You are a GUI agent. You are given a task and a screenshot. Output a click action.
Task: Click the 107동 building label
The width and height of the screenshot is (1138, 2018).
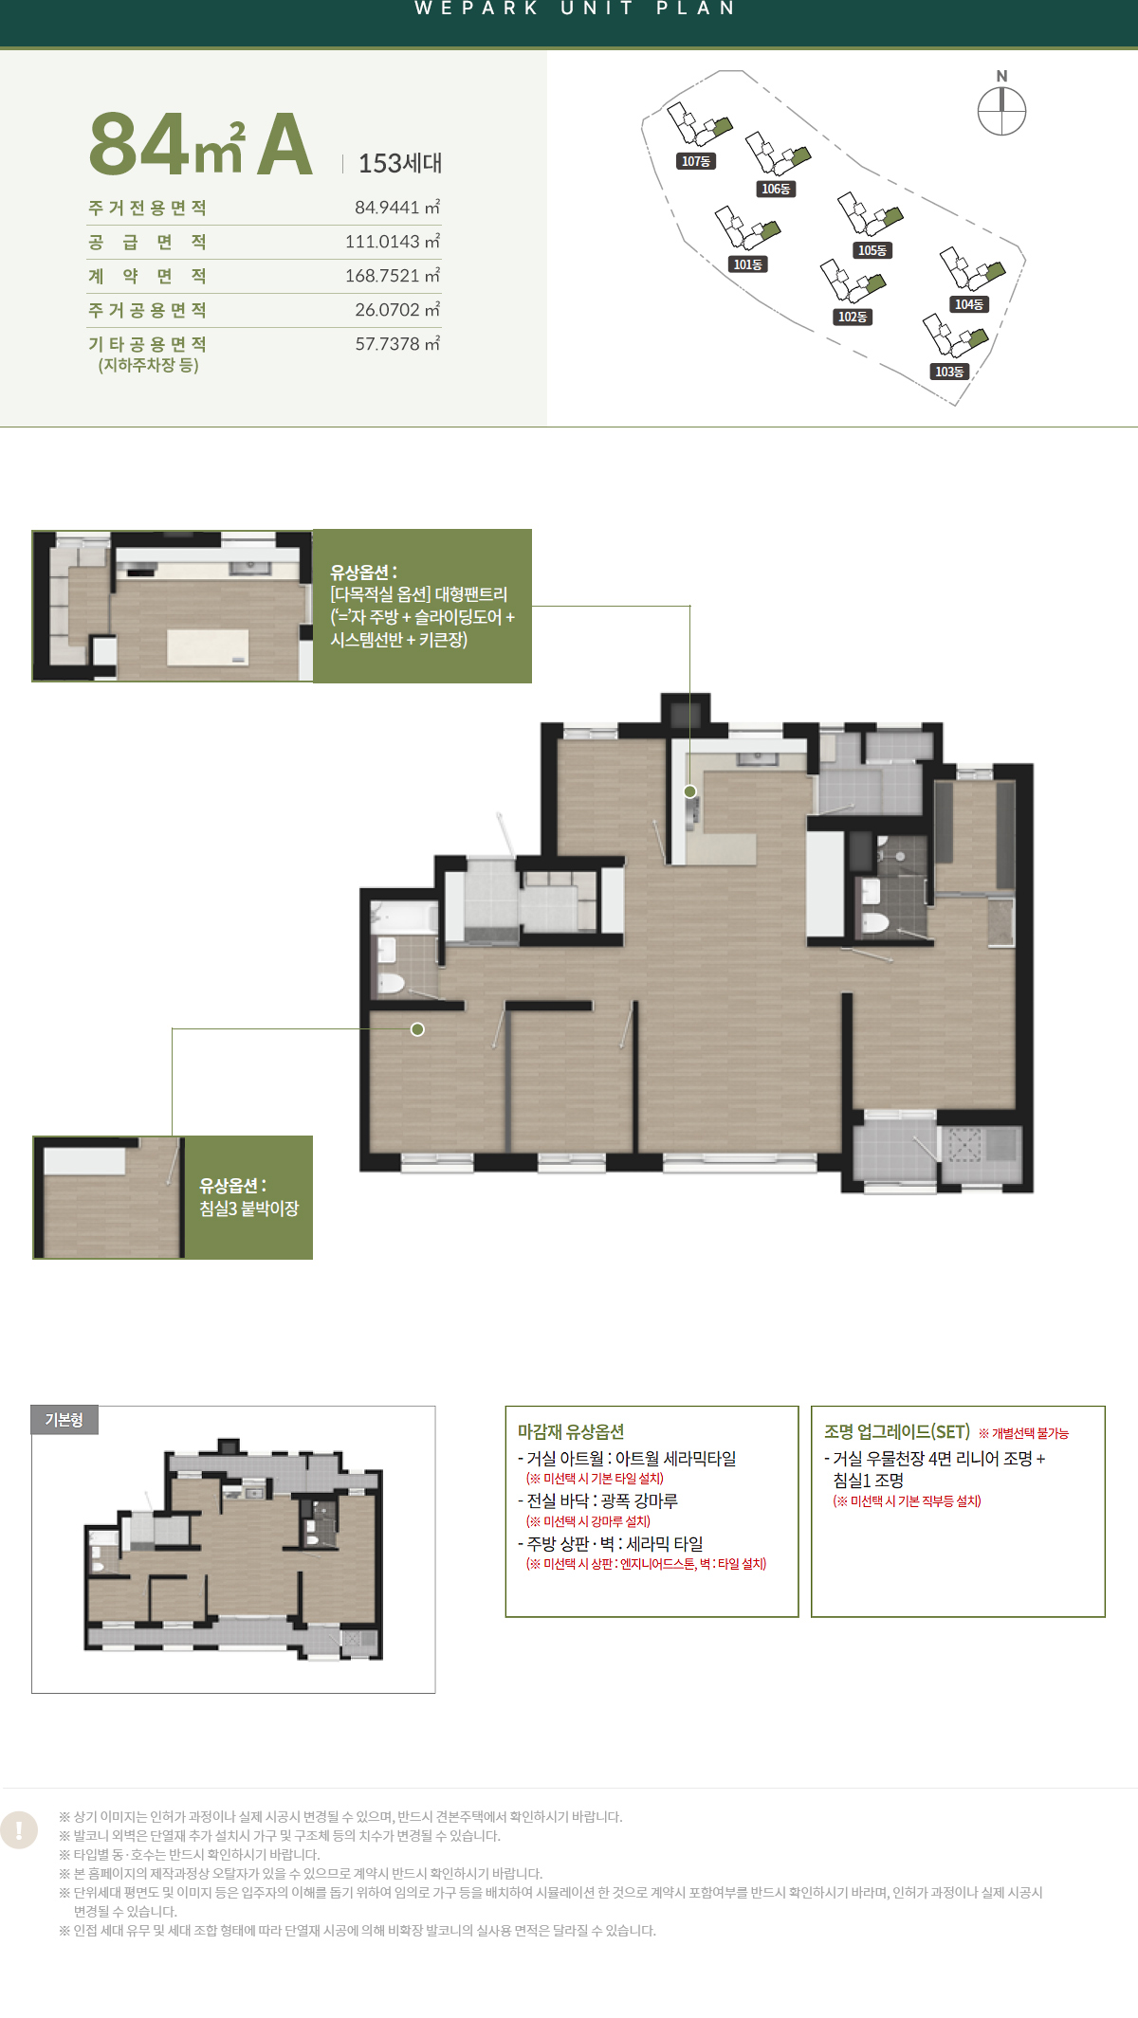click(x=696, y=161)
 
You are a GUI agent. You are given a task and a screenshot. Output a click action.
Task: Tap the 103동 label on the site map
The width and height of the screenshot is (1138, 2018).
click(x=949, y=372)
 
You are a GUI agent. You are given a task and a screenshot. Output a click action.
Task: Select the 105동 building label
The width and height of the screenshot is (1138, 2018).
click(x=872, y=250)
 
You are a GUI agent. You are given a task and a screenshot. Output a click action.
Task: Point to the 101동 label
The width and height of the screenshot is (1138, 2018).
click(x=747, y=264)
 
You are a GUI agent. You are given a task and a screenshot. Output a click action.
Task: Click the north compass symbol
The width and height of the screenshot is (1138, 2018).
click(x=1001, y=110)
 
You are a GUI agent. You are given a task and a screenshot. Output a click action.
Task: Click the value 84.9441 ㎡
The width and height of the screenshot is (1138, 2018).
click(x=397, y=208)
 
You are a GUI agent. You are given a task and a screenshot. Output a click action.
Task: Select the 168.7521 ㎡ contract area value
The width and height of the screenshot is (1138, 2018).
click(x=393, y=276)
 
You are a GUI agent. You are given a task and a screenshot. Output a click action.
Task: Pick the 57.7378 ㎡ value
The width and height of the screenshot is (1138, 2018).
click(x=397, y=344)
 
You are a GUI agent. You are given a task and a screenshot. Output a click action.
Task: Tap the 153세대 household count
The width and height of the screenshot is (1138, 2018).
click(x=400, y=163)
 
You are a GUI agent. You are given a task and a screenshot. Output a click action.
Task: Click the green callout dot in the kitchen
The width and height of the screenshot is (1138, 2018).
click(x=690, y=791)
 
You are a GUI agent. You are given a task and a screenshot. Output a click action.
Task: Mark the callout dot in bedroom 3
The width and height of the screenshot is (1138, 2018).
click(x=417, y=1029)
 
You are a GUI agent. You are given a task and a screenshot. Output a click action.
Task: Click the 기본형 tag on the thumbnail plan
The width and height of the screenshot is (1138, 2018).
click(x=64, y=1420)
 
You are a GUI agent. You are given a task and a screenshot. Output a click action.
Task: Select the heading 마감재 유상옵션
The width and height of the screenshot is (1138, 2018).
click(x=571, y=1432)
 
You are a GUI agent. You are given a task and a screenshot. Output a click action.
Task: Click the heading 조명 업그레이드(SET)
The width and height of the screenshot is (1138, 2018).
click(x=897, y=1432)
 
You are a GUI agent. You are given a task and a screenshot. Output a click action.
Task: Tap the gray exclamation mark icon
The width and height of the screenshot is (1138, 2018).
click(x=19, y=1830)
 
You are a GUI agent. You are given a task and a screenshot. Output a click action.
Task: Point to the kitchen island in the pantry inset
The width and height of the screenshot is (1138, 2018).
click(x=209, y=647)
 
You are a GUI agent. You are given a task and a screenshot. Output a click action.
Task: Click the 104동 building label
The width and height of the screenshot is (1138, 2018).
click(x=969, y=304)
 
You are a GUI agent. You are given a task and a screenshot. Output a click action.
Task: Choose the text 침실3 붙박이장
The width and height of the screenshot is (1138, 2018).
click(x=248, y=1209)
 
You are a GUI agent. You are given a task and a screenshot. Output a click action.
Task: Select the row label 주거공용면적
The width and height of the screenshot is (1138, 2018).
click(x=147, y=310)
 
